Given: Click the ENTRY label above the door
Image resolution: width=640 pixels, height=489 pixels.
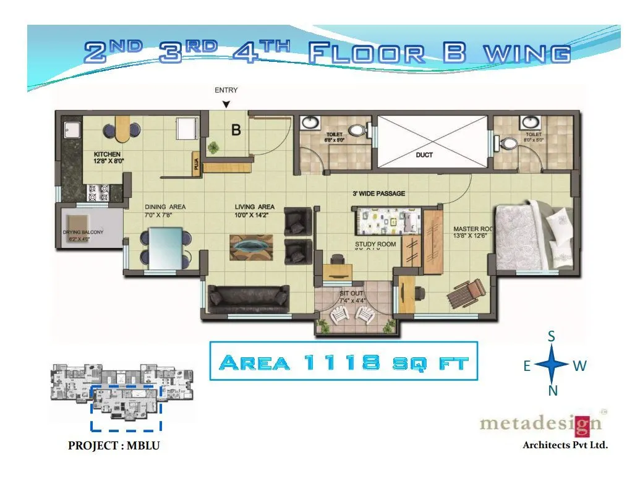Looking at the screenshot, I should [226, 90].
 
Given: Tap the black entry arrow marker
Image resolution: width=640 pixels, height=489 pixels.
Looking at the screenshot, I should [226, 104].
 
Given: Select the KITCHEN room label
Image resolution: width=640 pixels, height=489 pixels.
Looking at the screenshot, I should [107, 154].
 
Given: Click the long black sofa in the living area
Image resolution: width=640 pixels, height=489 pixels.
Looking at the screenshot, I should [249, 298].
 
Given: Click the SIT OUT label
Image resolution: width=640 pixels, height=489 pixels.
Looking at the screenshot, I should [351, 293].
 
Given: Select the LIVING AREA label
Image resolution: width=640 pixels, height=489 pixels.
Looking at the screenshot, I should [254, 207].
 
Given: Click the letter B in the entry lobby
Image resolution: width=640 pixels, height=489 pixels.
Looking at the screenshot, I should [236, 130].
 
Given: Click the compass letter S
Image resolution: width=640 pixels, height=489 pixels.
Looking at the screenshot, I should [551, 336].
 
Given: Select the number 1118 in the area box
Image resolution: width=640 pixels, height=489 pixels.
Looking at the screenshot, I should [341, 362].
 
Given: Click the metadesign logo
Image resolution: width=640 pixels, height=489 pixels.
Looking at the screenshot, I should [540, 424].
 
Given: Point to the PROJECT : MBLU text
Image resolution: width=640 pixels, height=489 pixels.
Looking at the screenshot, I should [113, 446].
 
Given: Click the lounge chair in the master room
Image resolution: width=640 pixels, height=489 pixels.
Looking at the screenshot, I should [468, 292].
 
